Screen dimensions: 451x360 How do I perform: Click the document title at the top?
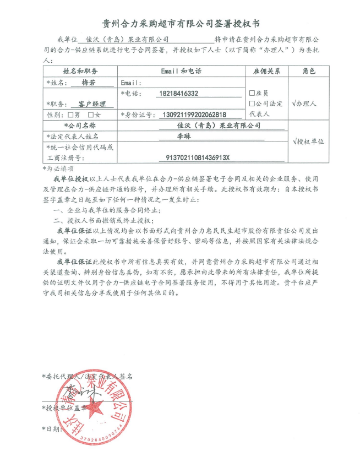(x=181, y=24)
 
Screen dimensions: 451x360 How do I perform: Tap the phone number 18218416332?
(x=178, y=94)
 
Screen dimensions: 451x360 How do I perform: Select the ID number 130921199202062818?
(x=192, y=115)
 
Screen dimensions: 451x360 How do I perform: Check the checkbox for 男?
(x=70, y=115)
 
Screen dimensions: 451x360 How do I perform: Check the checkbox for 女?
(x=91, y=115)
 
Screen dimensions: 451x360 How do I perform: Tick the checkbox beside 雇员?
(x=252, y=93)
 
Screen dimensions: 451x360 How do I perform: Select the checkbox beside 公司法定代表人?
(x=252, y=104)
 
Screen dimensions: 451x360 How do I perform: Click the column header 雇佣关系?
(x=266, y=72)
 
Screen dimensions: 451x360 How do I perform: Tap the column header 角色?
(x=308, y=72)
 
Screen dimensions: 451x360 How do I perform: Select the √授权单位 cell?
(x=308, y=141)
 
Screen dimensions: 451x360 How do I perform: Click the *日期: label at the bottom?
(x=51, y=428)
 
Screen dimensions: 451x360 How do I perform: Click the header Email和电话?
(x=181, y=72)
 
